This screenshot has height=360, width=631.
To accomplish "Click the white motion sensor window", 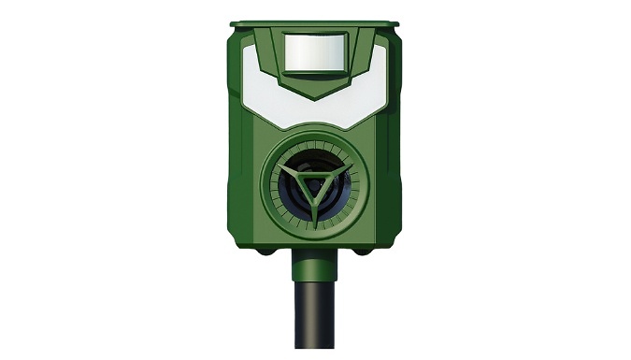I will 314,52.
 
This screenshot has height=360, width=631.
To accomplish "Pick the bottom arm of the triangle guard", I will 315,211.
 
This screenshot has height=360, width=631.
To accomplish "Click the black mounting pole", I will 315,313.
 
